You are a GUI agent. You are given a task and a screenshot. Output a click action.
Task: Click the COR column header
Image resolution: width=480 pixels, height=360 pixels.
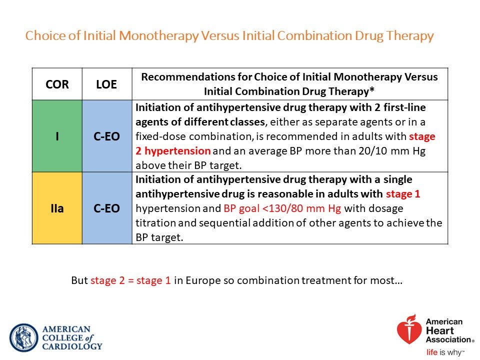click(57, 84)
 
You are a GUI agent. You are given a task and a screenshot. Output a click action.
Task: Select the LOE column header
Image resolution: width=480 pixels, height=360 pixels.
click(107, 84)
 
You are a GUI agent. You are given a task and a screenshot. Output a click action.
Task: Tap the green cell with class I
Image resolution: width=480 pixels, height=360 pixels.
click(57, 136)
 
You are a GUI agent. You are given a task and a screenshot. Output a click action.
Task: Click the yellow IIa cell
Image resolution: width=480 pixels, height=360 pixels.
click(57, 208)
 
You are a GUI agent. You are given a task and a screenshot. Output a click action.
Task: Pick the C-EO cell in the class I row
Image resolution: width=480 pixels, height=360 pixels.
click(107, 136)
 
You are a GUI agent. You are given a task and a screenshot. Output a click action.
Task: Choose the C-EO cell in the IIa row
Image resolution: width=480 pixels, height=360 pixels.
click(107, 208)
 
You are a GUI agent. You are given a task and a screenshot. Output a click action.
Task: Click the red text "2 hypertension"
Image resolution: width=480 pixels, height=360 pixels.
click(173, 151)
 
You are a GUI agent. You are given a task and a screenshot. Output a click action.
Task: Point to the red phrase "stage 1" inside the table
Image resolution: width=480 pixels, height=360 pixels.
click(403, 194)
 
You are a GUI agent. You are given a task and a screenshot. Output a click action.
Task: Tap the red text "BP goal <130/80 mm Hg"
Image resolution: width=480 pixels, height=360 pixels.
click(282, 208)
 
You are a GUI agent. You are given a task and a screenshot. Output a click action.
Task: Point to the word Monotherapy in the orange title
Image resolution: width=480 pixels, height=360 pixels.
click(159, 36)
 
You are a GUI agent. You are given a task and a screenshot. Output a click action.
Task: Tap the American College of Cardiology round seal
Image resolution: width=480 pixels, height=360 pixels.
click(24, 337)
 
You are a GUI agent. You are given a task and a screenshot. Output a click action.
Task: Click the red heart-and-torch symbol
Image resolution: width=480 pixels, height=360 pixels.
click(409, 329)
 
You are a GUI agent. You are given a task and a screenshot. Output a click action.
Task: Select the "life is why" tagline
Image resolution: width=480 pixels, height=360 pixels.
click(445, 352)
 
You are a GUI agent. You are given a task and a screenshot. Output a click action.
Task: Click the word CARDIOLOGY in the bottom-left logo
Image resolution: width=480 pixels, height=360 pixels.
click(72, 346)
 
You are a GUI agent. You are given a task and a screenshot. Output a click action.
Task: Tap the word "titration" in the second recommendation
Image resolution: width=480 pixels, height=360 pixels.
click(155, 223)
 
